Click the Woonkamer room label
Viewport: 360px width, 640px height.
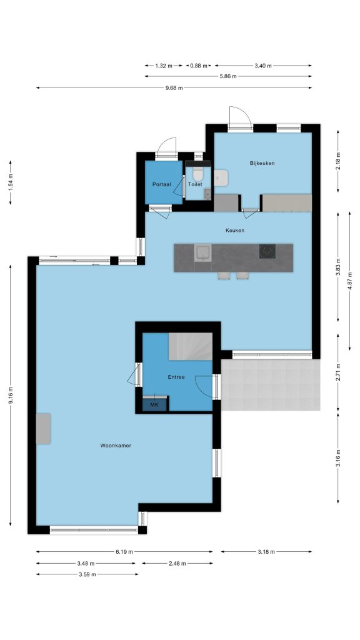click(116, 446)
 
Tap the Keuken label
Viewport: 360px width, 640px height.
click(235, 231)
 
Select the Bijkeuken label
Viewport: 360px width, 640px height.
click(262, 163)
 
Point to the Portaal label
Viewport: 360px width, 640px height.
click(162, 184)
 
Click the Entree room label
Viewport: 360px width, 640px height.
click(176, 377)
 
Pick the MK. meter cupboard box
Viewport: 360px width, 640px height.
click(155, 404)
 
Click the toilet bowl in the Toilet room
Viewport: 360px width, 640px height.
click(198, 174)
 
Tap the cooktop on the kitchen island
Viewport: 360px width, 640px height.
click(267, 251)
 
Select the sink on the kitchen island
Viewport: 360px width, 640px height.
click(202, 252)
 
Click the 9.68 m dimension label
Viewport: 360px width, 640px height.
click(174, 87)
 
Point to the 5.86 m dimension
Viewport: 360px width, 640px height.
click(228, 76)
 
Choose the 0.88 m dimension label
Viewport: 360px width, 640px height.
click(199, 66)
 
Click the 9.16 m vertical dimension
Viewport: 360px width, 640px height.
click(11, 396)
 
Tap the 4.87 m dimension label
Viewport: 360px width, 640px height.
click(350, 281)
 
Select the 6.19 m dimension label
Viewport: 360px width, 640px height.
click(124, 552)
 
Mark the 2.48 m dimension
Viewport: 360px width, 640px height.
click(177, 564)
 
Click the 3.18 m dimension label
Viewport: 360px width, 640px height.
click(266, 552)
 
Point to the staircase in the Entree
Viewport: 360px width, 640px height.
click(191, 346)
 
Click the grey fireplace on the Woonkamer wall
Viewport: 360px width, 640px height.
click(43, 428)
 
